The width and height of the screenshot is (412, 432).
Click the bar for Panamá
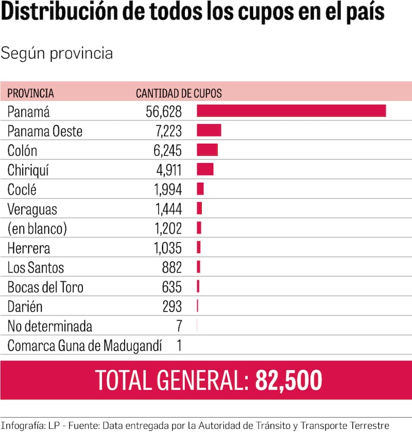point(291,111)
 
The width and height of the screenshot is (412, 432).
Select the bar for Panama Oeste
point(209,130)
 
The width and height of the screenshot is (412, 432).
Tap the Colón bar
point(207,150)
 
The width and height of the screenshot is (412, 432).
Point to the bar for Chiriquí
point(205,170)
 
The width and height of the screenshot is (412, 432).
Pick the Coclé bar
point(200,189)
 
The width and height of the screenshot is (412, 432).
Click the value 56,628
point(164,111)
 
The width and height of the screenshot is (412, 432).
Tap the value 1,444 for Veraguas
point(168,209)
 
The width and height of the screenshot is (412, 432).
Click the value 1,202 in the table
point(168,229)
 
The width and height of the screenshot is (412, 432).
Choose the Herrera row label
point(29,248)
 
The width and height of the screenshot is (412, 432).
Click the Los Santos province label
point(35,268)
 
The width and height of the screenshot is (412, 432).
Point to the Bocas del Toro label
point(45,287)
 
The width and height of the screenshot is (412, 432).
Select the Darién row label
point(25,307)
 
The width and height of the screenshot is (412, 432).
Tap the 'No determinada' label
point(50,326)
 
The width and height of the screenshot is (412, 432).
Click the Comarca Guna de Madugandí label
point(85,346)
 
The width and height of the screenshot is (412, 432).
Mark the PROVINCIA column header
point(31,93)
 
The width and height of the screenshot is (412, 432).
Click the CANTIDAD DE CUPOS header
point(179,93)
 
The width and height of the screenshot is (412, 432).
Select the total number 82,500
point(288,380)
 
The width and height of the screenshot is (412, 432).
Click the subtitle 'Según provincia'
point(57,53)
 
